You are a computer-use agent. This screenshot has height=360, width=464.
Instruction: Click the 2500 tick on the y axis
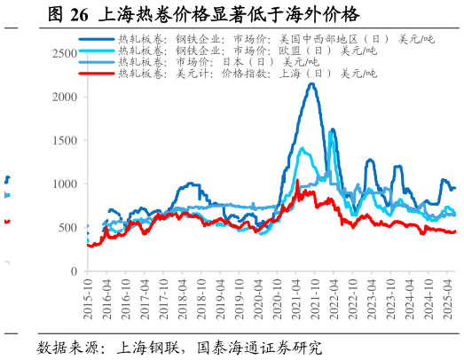(65, 53)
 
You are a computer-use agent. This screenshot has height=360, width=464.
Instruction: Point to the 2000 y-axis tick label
(65, 97)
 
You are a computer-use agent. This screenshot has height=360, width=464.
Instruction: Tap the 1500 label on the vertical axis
(65, 140)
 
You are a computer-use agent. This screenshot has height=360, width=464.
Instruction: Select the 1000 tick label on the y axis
(65, 184)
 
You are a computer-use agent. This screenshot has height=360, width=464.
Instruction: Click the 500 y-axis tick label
(67, 228)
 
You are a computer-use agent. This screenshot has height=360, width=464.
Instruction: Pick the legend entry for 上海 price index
(248, 74)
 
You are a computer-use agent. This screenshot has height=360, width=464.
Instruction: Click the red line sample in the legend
(97, 74)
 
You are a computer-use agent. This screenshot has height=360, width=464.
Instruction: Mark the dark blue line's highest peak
(311, 84)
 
